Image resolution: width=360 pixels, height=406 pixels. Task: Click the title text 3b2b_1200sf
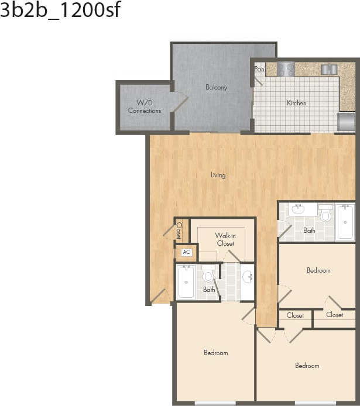click(x=60, y=11)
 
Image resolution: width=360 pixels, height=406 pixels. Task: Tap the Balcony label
click(x=216, y=88)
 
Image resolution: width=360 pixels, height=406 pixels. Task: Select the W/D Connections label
click(x=144, y=106)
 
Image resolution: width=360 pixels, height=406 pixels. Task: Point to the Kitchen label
click(x=296, y=104)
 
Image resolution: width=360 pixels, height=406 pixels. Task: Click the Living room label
click(x=218, y=175)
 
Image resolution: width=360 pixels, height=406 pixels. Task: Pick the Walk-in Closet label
click(x=225, y=239)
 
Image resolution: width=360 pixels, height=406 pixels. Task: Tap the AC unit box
click(x=187, y=253)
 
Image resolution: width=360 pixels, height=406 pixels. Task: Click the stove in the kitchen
click(x=286, y=69)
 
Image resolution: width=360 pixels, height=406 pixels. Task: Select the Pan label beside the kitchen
click(x=259, y=69)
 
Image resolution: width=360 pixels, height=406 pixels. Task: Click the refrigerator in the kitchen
click(x=347, y=122)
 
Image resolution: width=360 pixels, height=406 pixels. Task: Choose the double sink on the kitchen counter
click(x=330, y=69)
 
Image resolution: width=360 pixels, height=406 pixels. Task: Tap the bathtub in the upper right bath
click(x=345, y=222)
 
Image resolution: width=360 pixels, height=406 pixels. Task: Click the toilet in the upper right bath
click(x=325, y=214)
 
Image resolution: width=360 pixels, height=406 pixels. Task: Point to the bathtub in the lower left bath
click(x=186, y=282)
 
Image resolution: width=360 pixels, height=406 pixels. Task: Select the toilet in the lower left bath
click(x=208, y=274)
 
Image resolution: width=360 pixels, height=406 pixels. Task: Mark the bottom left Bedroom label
click(x=215, y=353)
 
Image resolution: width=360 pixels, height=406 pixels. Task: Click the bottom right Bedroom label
click(x=307, y=366)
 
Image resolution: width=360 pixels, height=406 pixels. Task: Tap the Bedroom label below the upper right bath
click(x=318, y=270)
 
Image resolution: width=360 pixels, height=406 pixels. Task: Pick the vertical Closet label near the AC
click(x=179, y=230)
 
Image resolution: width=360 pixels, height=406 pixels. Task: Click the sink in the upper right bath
click(x=297, y=209)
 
